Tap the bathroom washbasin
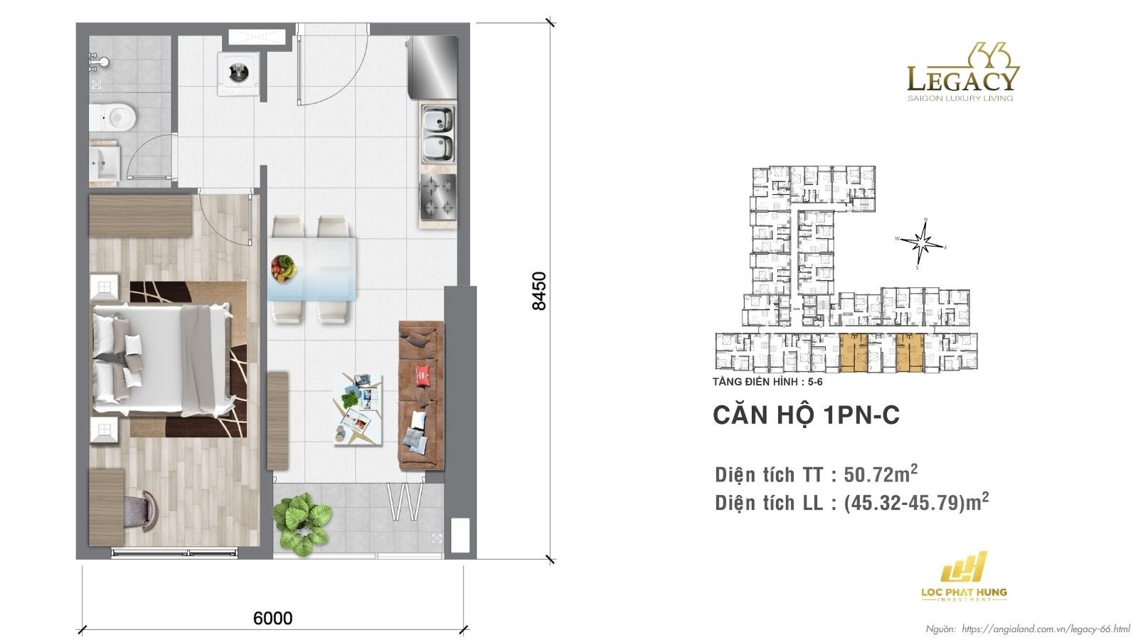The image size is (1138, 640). pos(107,162)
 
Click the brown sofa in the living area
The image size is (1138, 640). pos(421,395)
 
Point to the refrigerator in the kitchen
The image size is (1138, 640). pos(432,64)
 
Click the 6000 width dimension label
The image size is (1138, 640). pos(273,617)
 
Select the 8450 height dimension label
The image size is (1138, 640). pos(540,290)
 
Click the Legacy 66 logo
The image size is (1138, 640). pos(962,74)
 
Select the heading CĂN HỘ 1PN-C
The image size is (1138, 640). pos(806,415)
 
